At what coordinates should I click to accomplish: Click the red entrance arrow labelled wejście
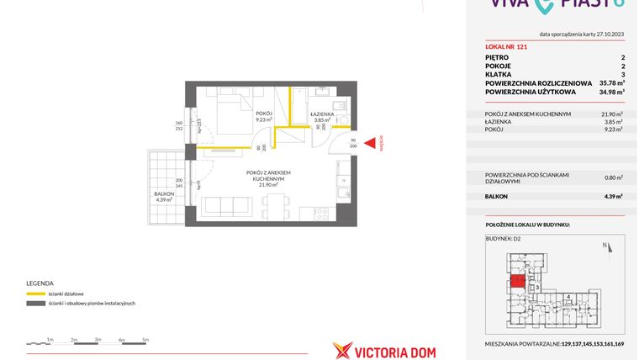[367, 145]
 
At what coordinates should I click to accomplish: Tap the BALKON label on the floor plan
[163, 194]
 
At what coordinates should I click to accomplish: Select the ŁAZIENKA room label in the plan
[323, 113]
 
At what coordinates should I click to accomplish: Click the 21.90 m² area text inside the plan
[267, 185]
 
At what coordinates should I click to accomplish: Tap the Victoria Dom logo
[384, 351]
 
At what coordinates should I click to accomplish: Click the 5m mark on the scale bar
[145, 339]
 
